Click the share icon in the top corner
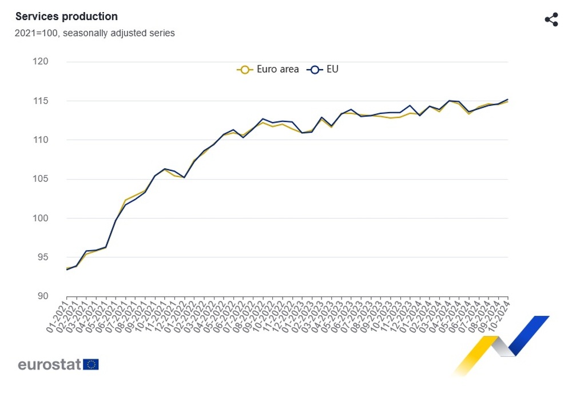pos(551,20)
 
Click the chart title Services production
pos(66,17)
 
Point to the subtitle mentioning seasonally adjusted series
pos(94,33)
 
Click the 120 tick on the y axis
pos(57,62)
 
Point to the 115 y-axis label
pos(57,101)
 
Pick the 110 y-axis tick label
pos(57,140)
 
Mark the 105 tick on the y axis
pos(57,179)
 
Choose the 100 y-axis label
pos(57,219)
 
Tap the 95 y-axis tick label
pos(58,257)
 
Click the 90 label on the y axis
pos(58,296)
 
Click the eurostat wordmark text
pos(50,364)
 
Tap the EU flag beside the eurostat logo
pos(91,364)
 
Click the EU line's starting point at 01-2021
pos(67,269)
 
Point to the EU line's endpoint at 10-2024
pos(508,99)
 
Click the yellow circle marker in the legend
pos(245,69)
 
